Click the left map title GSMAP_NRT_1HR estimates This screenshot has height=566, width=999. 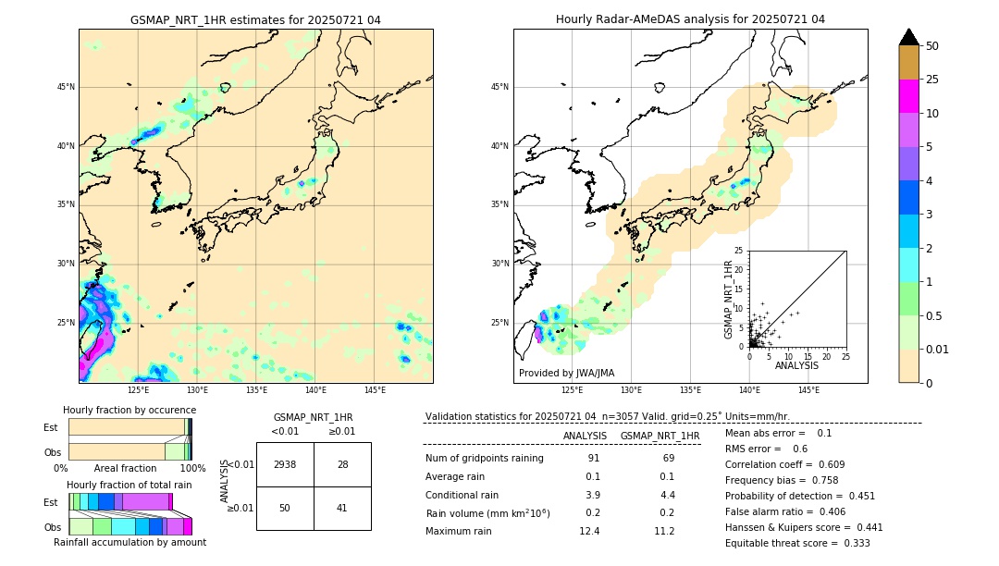255,19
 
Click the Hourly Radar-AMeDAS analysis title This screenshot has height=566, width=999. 690,19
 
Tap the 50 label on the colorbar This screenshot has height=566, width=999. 932,46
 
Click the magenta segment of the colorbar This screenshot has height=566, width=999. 909,96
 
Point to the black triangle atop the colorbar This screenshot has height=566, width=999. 909,37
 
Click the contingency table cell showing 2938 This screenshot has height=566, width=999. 285,464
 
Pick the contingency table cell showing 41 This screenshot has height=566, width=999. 342,508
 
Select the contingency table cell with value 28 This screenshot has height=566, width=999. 342,464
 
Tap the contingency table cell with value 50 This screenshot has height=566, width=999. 285,508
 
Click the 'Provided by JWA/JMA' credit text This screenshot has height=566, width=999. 566,374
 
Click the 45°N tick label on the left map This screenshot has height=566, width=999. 66,87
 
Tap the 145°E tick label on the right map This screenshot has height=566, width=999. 808,390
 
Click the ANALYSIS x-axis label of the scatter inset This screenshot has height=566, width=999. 796,365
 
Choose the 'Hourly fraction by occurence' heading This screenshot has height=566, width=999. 129,410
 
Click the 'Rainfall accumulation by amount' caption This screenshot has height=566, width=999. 129,542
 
